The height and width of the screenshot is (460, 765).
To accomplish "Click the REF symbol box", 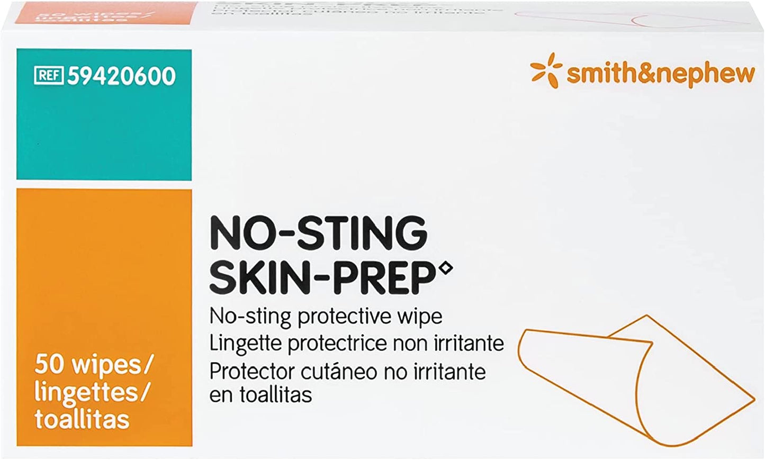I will [x=49, y=76].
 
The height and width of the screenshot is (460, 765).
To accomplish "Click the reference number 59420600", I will [x=121, y=76].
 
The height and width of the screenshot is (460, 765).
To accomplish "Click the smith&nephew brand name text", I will [x=661, y=73].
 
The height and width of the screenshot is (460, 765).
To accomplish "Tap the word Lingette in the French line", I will [x=246, y=344].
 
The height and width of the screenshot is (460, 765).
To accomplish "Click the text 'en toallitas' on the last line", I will [x=261, y=395].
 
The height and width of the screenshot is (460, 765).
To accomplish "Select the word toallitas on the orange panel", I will [x=82, y=419].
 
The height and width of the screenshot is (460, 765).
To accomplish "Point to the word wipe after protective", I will [x=421, y=317].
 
